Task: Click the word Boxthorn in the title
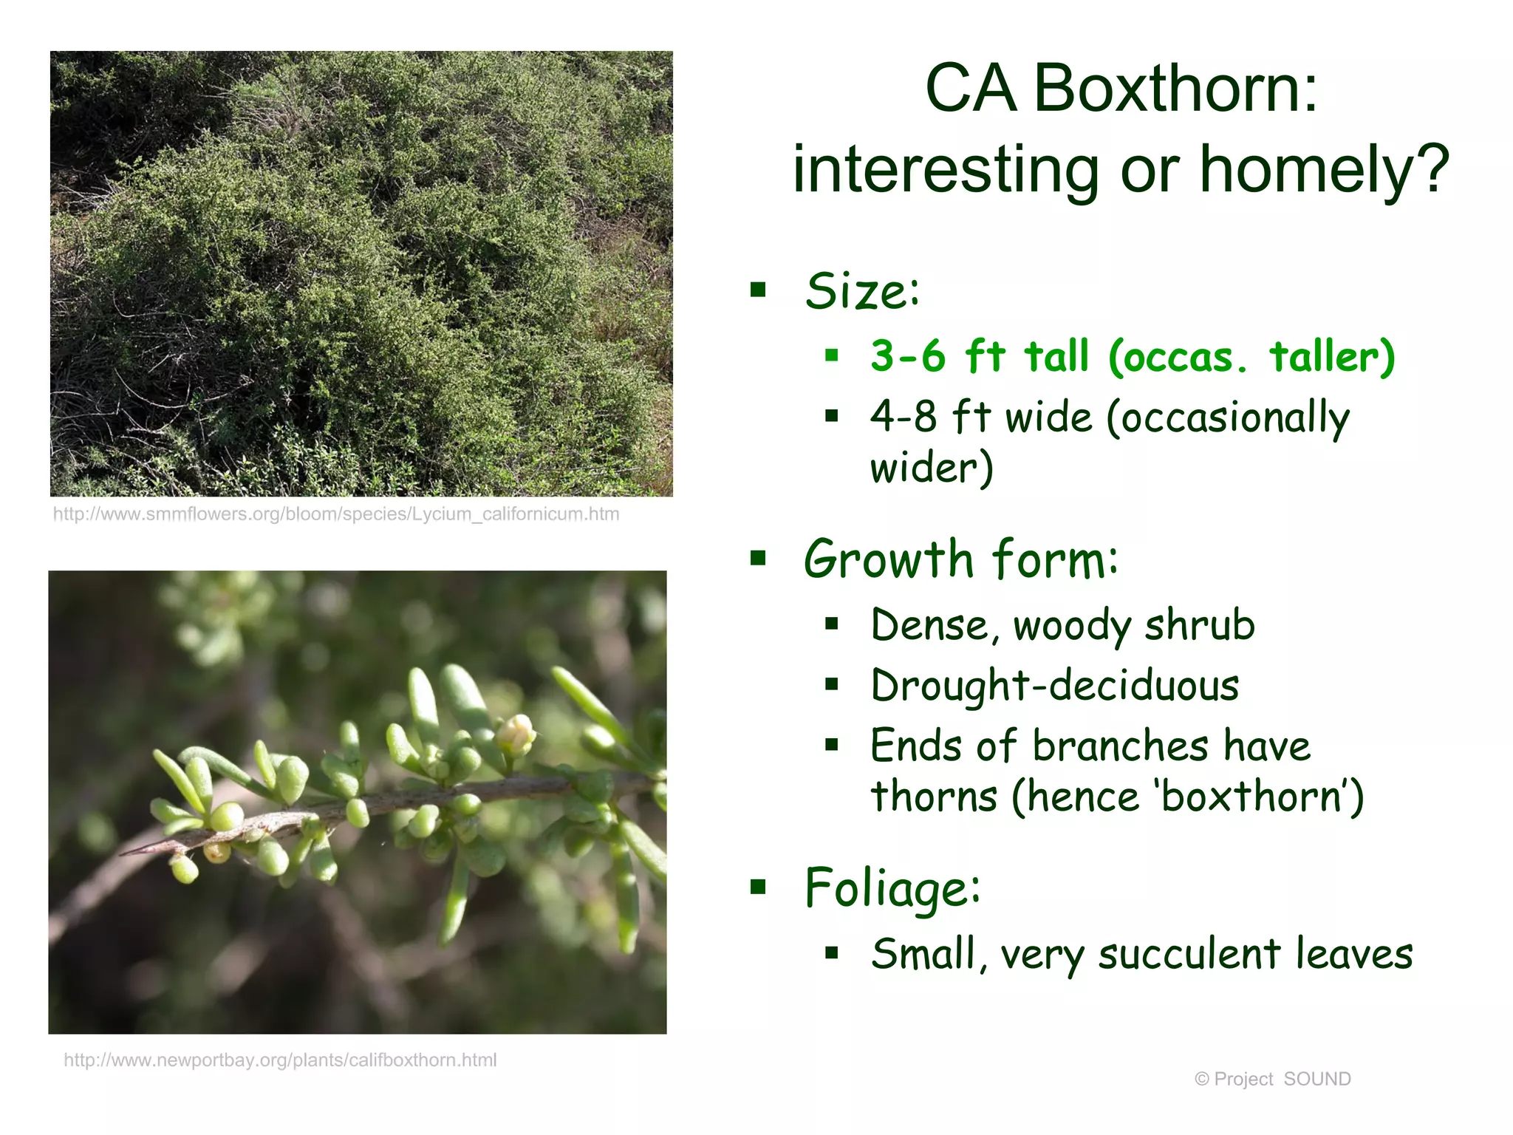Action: coord(1175,89)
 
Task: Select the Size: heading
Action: coord(862,291)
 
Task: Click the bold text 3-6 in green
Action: coord(908,357)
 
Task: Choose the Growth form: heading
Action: coord(961,560)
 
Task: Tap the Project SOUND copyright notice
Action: coord(1272,1080)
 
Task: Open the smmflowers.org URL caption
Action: coord(336,514)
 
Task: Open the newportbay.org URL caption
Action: coord(280,1060)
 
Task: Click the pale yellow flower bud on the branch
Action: coord(515,734)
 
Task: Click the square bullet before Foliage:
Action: coord(758,887)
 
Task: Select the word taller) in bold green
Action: coord(1332,357)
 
